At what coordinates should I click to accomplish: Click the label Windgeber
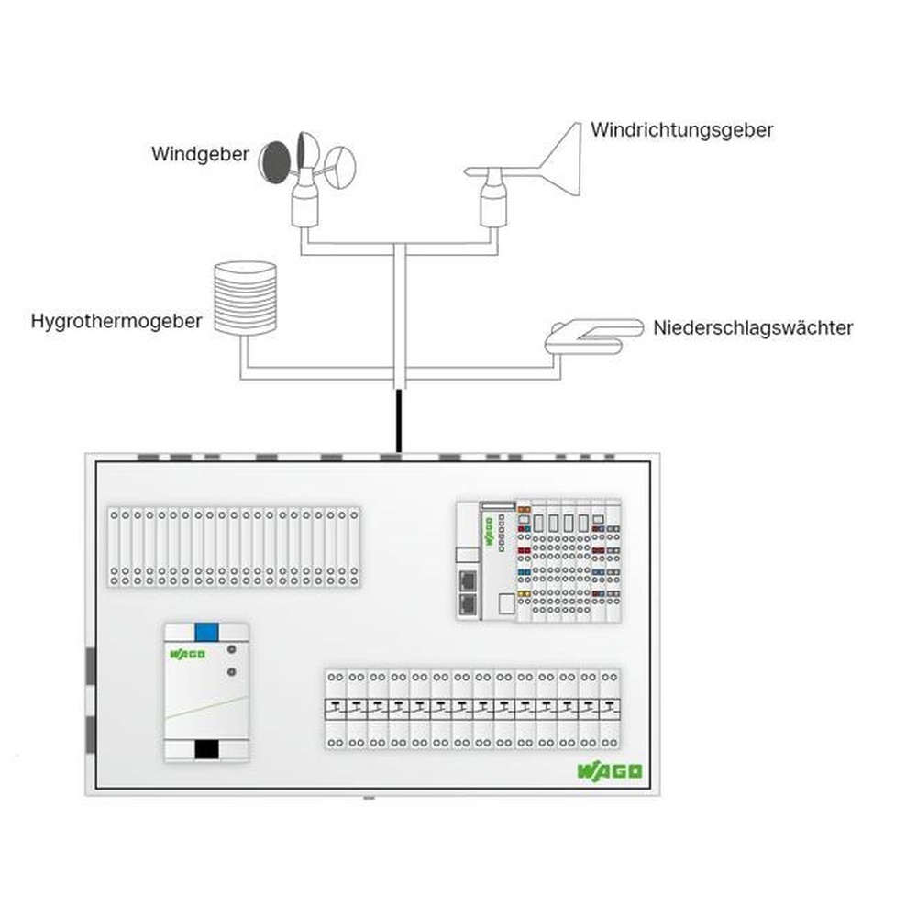pos(200,154)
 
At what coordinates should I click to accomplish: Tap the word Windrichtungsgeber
pos(681,129)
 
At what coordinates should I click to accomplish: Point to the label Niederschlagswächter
pos(753,327)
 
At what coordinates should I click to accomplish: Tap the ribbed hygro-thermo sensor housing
pos(244,298)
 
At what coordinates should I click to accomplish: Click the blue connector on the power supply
pos(206,631)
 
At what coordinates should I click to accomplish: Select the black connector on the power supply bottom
pos(206,749)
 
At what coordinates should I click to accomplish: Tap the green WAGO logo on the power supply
pos(187,655)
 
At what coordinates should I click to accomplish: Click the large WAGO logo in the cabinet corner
pos(610,771)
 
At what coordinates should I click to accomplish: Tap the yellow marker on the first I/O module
pos(524,594)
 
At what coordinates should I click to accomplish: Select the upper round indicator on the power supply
pos(232,649)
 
